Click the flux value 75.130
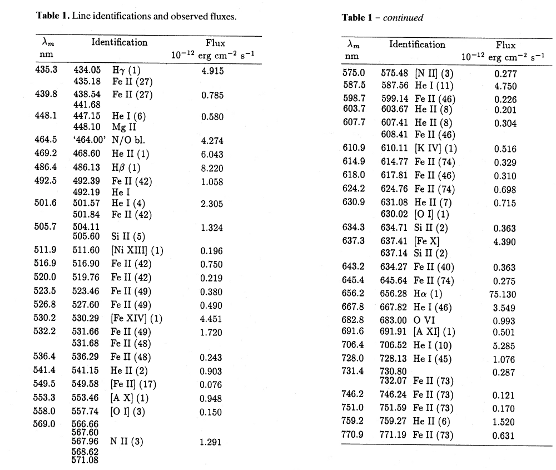point(505,295)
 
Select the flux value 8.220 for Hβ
point(212,167)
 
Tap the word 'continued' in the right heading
point(403,18)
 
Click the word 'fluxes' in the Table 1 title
point(220,16)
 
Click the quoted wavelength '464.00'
point(87,140)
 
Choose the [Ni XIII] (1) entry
point(137,250)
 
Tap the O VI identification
point(425,321)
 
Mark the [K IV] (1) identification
point(436,149)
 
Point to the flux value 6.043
point(212,154)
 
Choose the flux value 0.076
point(212,384)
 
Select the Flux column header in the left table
point(216,43)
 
